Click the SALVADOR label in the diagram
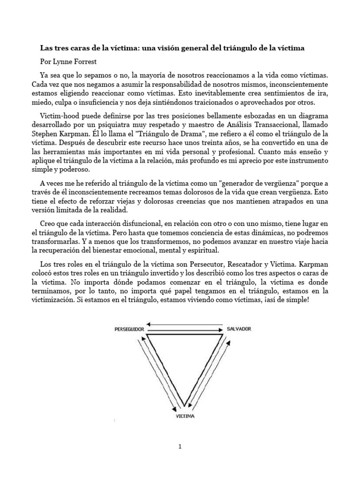[239, 329]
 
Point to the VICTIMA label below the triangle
[185, 415]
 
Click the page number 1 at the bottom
[180, 447]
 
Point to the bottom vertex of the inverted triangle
[185, 405]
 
